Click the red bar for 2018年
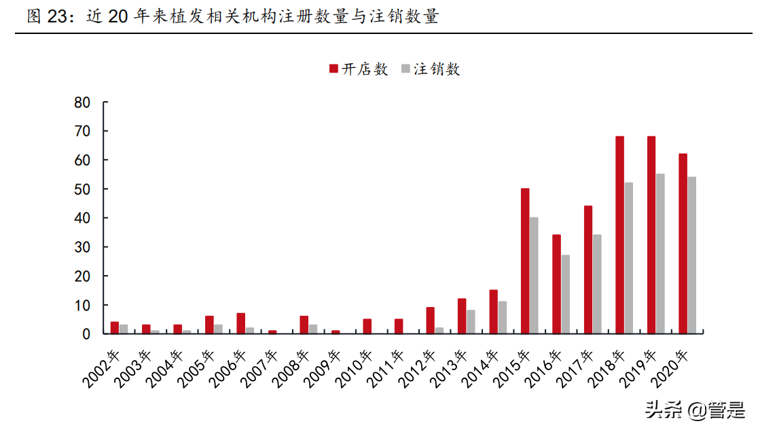click(x=619, y=235)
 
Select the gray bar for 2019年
click(x=660, y=253)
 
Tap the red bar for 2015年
click(x=525, y=261)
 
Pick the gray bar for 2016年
click(x=566, y=294)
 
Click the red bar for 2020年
click(x=683, y=243)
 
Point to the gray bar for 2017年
click(x=597, y=284)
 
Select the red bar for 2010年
click(x=367, y=326)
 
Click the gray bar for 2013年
click(x=471, y=321)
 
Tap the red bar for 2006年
click(x=240, y=323)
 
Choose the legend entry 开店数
click(x=359, y=69)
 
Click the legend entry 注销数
click(x=431, y=69)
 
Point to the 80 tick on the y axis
click(x=82, y=103)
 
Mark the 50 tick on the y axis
click(x=82, y=189)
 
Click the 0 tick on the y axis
click(x=86, y=334)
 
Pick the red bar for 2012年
click(x=430, y=320)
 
